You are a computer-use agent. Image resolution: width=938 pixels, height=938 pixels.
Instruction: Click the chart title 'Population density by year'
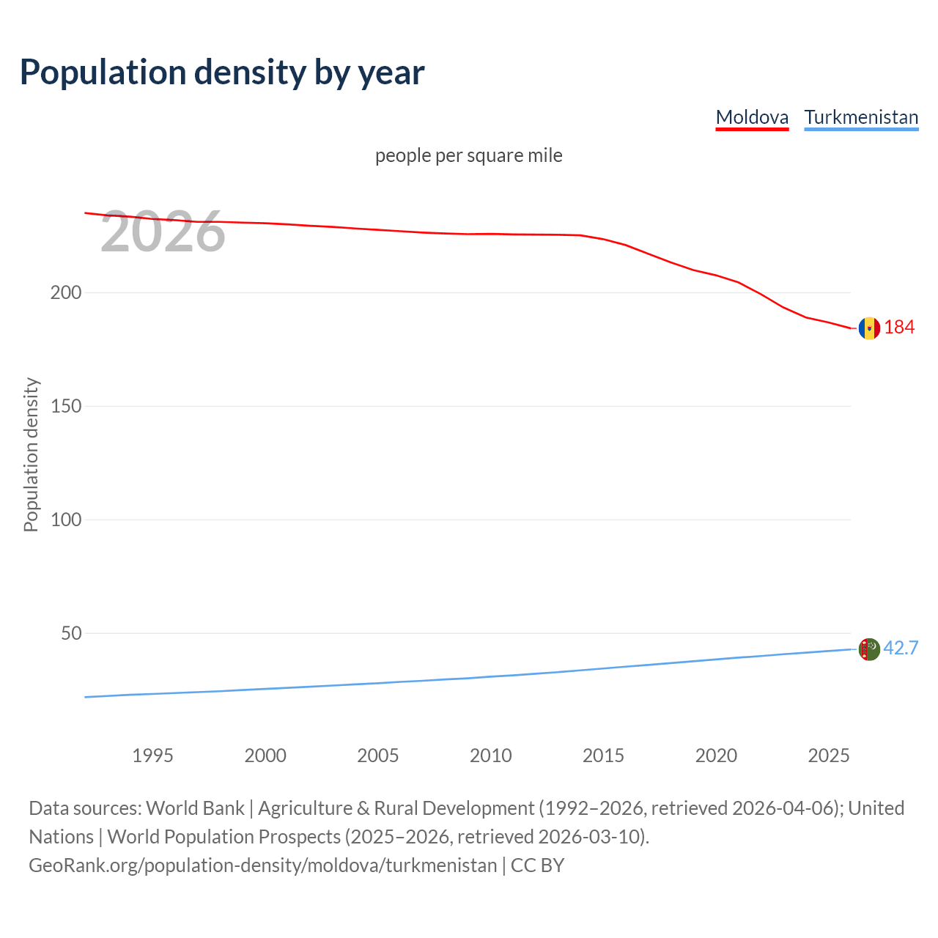222,73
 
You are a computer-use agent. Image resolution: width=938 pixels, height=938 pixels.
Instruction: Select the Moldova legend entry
752,117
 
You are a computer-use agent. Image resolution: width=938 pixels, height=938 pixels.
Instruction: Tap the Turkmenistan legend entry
861,117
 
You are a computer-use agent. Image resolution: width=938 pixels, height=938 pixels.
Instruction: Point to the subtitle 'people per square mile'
469,155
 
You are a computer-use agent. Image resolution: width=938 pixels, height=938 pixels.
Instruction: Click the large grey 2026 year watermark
163,232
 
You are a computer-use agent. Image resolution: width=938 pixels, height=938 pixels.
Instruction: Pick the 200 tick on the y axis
66,292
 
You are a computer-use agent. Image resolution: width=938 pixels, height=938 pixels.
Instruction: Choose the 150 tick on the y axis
66,406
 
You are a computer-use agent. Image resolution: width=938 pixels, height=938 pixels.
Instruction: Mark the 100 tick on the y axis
66,520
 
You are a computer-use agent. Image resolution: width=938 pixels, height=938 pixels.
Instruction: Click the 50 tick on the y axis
71,633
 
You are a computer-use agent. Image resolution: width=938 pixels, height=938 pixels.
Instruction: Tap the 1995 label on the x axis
152,756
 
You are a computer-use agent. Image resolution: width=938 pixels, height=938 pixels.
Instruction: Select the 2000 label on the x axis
265,756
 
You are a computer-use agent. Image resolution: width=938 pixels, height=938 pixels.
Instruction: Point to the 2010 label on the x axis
490,756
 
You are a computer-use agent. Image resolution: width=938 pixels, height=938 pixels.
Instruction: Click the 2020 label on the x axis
716,756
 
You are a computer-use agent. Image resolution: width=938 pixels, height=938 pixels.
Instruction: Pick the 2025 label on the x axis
829,756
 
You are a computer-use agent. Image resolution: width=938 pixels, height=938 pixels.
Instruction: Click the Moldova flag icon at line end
869,328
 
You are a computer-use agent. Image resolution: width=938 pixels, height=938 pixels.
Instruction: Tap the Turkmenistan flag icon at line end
869,649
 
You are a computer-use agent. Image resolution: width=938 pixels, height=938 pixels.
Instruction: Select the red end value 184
899,328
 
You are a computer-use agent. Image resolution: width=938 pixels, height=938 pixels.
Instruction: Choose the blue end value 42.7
901,649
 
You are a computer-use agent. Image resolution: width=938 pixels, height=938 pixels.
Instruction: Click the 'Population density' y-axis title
31,454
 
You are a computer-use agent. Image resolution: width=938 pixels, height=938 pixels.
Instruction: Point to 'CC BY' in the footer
537,865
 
